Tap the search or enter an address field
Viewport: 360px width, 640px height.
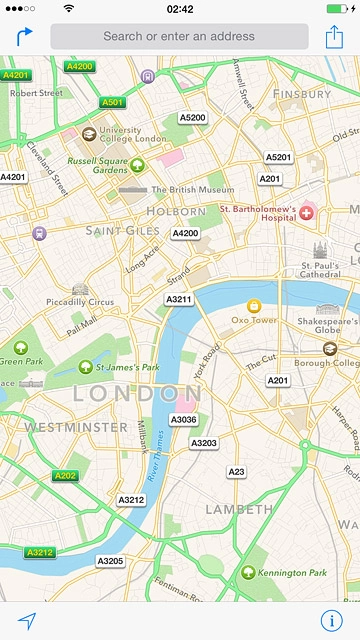pos(179,37)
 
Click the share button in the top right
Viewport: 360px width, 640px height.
pos(334,37)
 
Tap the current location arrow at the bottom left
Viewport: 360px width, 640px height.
pos(26,620)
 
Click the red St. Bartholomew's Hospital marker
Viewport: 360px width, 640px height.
pos(307,212)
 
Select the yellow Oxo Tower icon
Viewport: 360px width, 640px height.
pos(253,306)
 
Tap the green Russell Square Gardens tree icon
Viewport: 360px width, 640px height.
pos(136,165)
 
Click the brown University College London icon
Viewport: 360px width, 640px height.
pos(89,134)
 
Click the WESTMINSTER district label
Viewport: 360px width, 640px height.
pos(62,427)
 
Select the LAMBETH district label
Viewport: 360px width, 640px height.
pos(239,509)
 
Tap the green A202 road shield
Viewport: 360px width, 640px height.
pos(66,476)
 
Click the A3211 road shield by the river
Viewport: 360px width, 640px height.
pos(179,299)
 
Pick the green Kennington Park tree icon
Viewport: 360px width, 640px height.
pos(246,572)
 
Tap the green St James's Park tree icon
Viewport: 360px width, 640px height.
pos(86,368)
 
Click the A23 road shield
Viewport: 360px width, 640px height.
pos(236,471)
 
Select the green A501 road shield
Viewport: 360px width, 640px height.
pos(112,102)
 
